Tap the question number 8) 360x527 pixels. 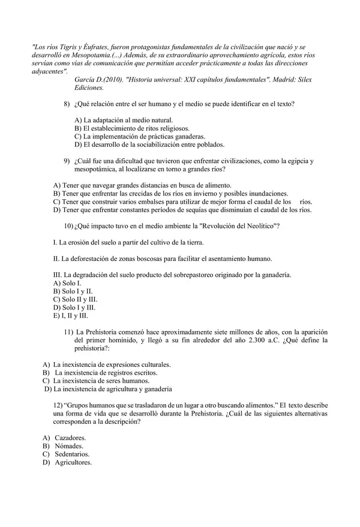[x=67, y=105]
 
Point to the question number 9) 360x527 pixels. [x=67, y=160]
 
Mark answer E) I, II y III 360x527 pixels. [x=70, y=315]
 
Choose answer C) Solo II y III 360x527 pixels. [x=75, y=299]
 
